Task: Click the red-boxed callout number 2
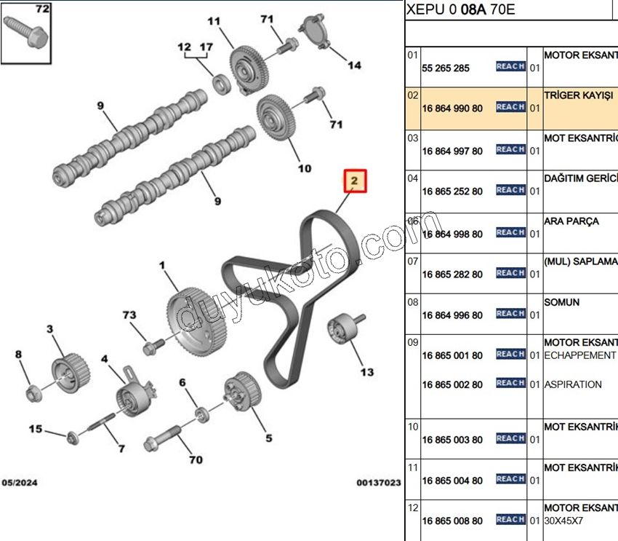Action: [355, 181]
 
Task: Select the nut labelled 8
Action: [33, 394]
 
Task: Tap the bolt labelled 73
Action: [151, 348]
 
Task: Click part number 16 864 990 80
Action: [452, 108]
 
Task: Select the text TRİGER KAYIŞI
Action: [579, 95]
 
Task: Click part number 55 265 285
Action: [446, 68]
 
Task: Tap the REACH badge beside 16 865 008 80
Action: [510, 520]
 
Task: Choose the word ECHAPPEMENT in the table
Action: [579, 355]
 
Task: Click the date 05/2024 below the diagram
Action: [20, 483]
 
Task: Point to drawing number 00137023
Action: [378, 483]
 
